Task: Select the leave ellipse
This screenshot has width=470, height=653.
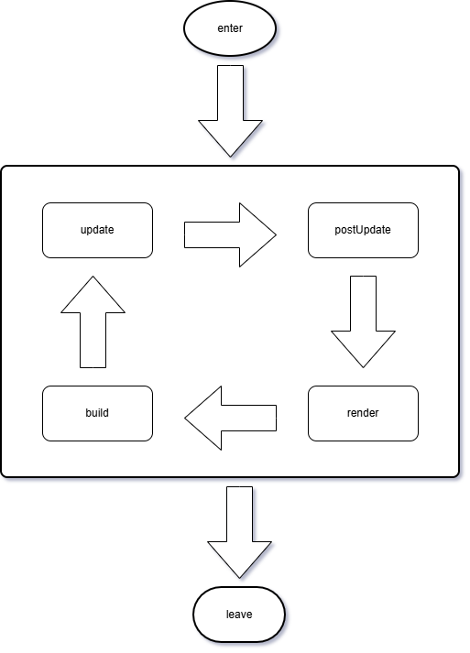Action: pos(239,614)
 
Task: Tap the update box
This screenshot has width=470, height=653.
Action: pos(97,230)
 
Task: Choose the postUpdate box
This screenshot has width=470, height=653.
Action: pos(363,230)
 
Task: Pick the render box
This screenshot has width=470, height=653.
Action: pos(363,413)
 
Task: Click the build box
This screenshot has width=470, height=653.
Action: pos(97,413)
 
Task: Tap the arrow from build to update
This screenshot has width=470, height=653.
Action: pos(93,322)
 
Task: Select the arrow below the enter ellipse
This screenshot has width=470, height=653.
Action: pos(230,110)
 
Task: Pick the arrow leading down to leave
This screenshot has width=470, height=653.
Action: pos(239,531)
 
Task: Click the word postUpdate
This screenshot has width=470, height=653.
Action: pos(363,230)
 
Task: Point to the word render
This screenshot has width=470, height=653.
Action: pos(363,413)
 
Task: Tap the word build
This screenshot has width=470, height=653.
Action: pos(97,413)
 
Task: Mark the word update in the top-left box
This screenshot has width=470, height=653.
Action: pos(97,230)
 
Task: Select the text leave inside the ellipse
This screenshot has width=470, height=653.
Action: pos(239,614)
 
